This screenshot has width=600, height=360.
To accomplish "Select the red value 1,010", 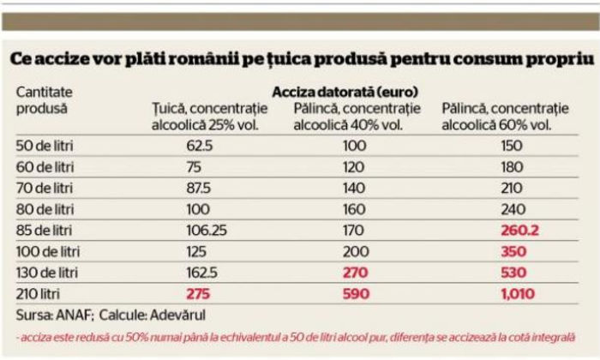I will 491,294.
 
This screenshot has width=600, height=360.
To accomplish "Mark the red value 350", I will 491,251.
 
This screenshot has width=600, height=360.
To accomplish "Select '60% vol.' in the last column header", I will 525,125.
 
